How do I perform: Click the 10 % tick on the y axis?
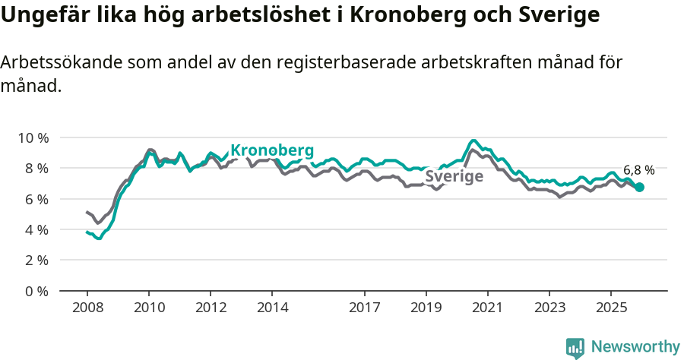point(33,137)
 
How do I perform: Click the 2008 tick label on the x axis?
point(87,308)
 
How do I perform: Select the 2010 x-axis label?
point(149,308)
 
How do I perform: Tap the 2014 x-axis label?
point(272,308)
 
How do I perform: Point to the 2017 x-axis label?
point(364,308)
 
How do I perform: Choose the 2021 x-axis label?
point(487,308)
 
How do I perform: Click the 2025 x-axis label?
point(610,308)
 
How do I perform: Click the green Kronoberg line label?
point(272,150)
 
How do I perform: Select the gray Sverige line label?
point(454,177)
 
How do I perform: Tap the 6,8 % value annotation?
point(638,170)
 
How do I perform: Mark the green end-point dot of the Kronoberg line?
point(639,187)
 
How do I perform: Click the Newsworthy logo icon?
point(575,347)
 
